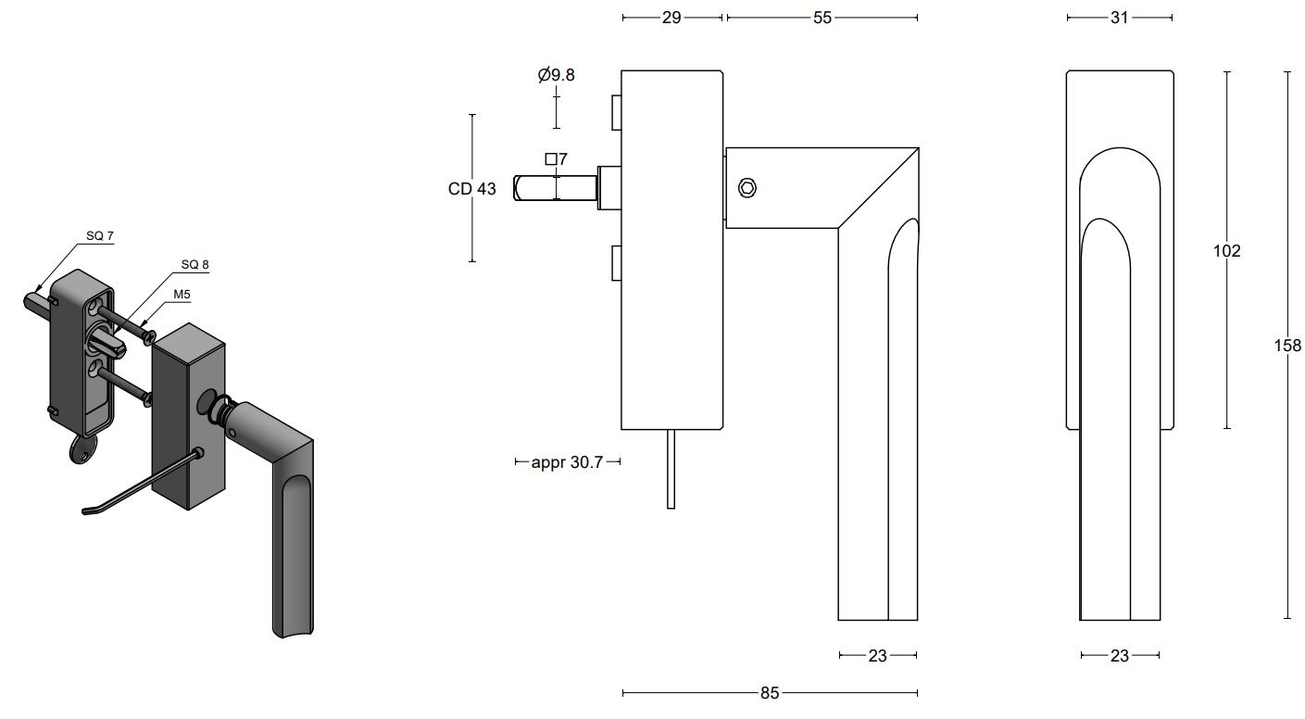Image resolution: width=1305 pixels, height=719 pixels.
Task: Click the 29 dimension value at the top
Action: tap(671, 18)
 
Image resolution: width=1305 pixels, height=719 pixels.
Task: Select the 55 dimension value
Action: tap(822, 18)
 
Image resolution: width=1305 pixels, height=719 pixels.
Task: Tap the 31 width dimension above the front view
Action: tap(1120, 18)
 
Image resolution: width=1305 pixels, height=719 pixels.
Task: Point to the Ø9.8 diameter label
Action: tap(556, 75)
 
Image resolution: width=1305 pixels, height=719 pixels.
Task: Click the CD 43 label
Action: tap(471, 189)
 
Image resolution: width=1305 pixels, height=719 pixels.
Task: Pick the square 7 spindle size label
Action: tap(556, 159)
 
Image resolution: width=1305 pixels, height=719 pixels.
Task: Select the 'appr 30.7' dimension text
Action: tap(567, 461)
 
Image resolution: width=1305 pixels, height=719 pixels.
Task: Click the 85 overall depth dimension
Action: tap(770, 693)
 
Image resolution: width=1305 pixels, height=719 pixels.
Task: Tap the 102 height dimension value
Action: tap(1226, 251)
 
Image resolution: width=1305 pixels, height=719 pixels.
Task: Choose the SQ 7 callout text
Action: tap(100, 236)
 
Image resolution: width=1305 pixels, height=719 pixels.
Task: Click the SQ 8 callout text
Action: tap(194, 265)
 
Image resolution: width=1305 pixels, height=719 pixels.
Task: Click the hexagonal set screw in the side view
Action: tap(747, 188)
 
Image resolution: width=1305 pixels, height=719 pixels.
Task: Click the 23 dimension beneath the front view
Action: tap(1120, 656)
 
